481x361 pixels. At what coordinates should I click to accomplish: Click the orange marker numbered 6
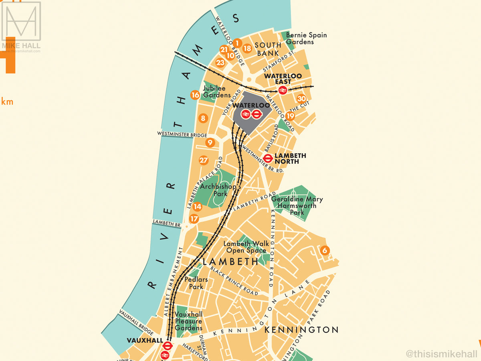(x=325, y=251)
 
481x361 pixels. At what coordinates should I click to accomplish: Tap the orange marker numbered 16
(x=195, y=95)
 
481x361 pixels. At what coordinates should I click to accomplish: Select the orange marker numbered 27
(x=204, y=160)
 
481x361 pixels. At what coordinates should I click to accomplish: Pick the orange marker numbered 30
(x=301, y=99)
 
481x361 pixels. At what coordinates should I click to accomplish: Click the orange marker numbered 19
(x=290, y=116)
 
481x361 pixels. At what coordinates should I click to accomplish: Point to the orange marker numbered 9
(x=210, y=142)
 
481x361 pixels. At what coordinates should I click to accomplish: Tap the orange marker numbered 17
(x=194, y=219)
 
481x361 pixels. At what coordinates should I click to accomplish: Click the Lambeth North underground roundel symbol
(x=268, y=158)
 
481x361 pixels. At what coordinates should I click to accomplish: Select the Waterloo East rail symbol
(x=283, y=90)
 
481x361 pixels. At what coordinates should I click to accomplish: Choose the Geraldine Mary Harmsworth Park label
(x=297, y=206)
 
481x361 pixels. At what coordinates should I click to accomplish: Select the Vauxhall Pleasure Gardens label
(x=188, y=321)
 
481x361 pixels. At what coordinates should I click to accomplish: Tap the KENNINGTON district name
(x=301, y=330)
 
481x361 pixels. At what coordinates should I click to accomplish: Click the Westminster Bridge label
(x=182, y=135)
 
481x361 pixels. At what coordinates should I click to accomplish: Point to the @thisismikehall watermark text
(x=441, y=354)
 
